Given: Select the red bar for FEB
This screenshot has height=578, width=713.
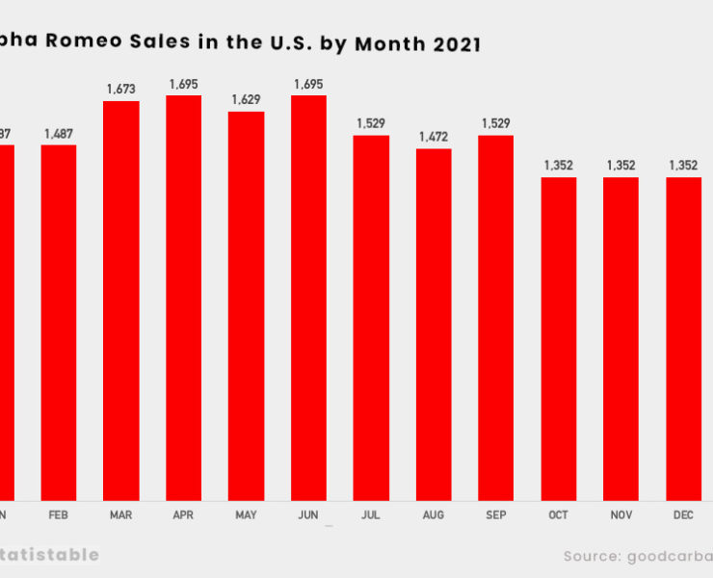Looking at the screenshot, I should [x=58, y=323].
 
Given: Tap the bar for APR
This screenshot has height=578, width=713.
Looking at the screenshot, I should [x=183, y=298].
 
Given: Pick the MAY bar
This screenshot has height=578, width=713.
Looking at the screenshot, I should [x=246, y=306].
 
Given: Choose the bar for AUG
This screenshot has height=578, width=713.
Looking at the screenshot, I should [x=434, y=325].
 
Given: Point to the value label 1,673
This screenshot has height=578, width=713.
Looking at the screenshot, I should [x=120, y=89].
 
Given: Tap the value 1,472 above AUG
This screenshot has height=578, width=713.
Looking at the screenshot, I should [x=434, y=137].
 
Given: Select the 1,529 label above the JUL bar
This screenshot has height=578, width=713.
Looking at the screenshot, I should [x=371, y=123].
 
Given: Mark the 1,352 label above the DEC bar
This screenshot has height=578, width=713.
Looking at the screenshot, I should [x=683, y=166].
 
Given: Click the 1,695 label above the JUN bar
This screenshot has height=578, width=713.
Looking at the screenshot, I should [x=308, y=84].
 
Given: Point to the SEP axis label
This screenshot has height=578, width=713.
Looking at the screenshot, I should [x=495, y=515].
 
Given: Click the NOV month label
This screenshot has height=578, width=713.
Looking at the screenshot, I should [x=621, y=515].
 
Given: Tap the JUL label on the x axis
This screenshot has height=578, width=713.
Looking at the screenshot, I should [x=371, y=515].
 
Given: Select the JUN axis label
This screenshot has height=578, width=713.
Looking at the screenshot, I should [x=308, y=515].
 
